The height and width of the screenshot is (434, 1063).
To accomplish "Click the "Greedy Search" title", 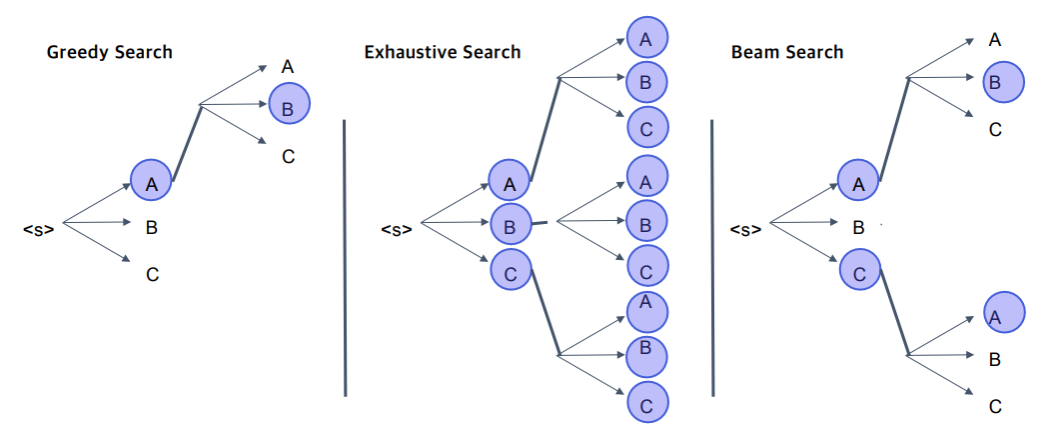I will pyautogui.click(x=109, y=52).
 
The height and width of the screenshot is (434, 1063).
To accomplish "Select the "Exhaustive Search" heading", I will pyautogui.click(x=442, y=52).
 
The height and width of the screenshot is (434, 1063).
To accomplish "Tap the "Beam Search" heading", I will pyautogui.click(x=786, y=52).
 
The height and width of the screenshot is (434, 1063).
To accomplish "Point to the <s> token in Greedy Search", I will pyautogui.click(x=38, y=229).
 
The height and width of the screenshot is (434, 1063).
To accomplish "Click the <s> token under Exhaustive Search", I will pyautogui.click(x=396, y=230).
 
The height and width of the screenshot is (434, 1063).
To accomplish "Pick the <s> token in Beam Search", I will pyautogui.click(x=745, y=229).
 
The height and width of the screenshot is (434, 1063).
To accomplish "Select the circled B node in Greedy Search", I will pyautogui.click(x=288, y=105).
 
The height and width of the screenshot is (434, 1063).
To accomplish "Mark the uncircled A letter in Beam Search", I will pyautogui.click(x=994, y=40).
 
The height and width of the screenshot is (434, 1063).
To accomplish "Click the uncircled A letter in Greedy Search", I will pyautogui.click(x=287, y=67).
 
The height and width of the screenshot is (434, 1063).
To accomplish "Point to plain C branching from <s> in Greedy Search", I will pyautogui.click(x=152, y=274).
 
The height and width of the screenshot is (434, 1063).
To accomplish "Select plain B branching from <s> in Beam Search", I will pyautogui.click(x=858, y=227).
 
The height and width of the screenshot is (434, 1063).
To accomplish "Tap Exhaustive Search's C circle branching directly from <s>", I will pyautogui.click(x=510, y=269).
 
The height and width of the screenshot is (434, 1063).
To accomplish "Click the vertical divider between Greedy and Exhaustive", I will pyautogui.click(x=345, y=257).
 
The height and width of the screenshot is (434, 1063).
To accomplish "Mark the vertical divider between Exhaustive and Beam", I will pyautogui.click(x=712, y=257).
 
